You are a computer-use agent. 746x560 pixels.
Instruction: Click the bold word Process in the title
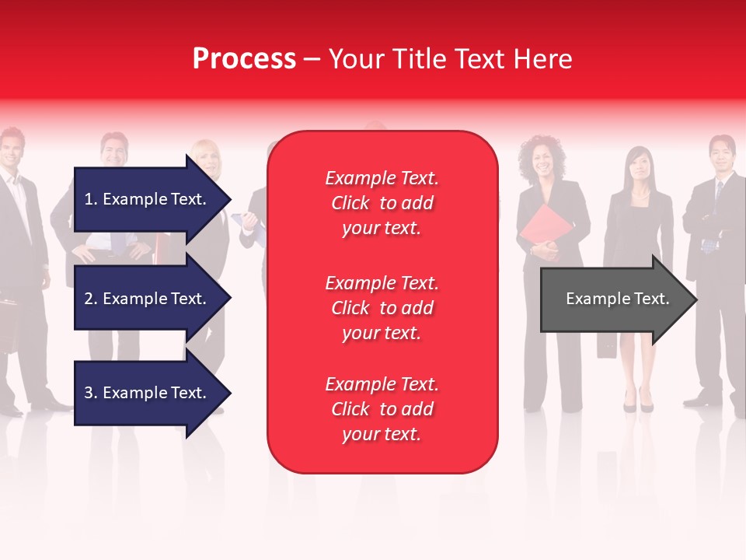(244, 59)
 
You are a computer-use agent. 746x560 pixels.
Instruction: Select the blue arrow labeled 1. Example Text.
(148, 199)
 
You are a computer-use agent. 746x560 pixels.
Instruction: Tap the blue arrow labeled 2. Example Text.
(148, 299)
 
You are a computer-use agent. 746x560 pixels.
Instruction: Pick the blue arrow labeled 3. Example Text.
(148, 393)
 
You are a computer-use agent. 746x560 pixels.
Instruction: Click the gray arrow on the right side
(614, 299)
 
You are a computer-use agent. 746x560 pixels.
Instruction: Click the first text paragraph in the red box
(382, 203)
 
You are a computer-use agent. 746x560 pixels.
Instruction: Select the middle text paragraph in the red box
(382, 308)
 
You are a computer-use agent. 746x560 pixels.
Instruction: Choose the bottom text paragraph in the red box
(382, 409)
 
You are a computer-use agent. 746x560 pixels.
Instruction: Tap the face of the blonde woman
(207, 160)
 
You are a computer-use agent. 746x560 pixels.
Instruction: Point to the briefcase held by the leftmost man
(8, 319)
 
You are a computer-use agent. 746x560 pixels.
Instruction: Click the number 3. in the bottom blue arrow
(91, 393)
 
